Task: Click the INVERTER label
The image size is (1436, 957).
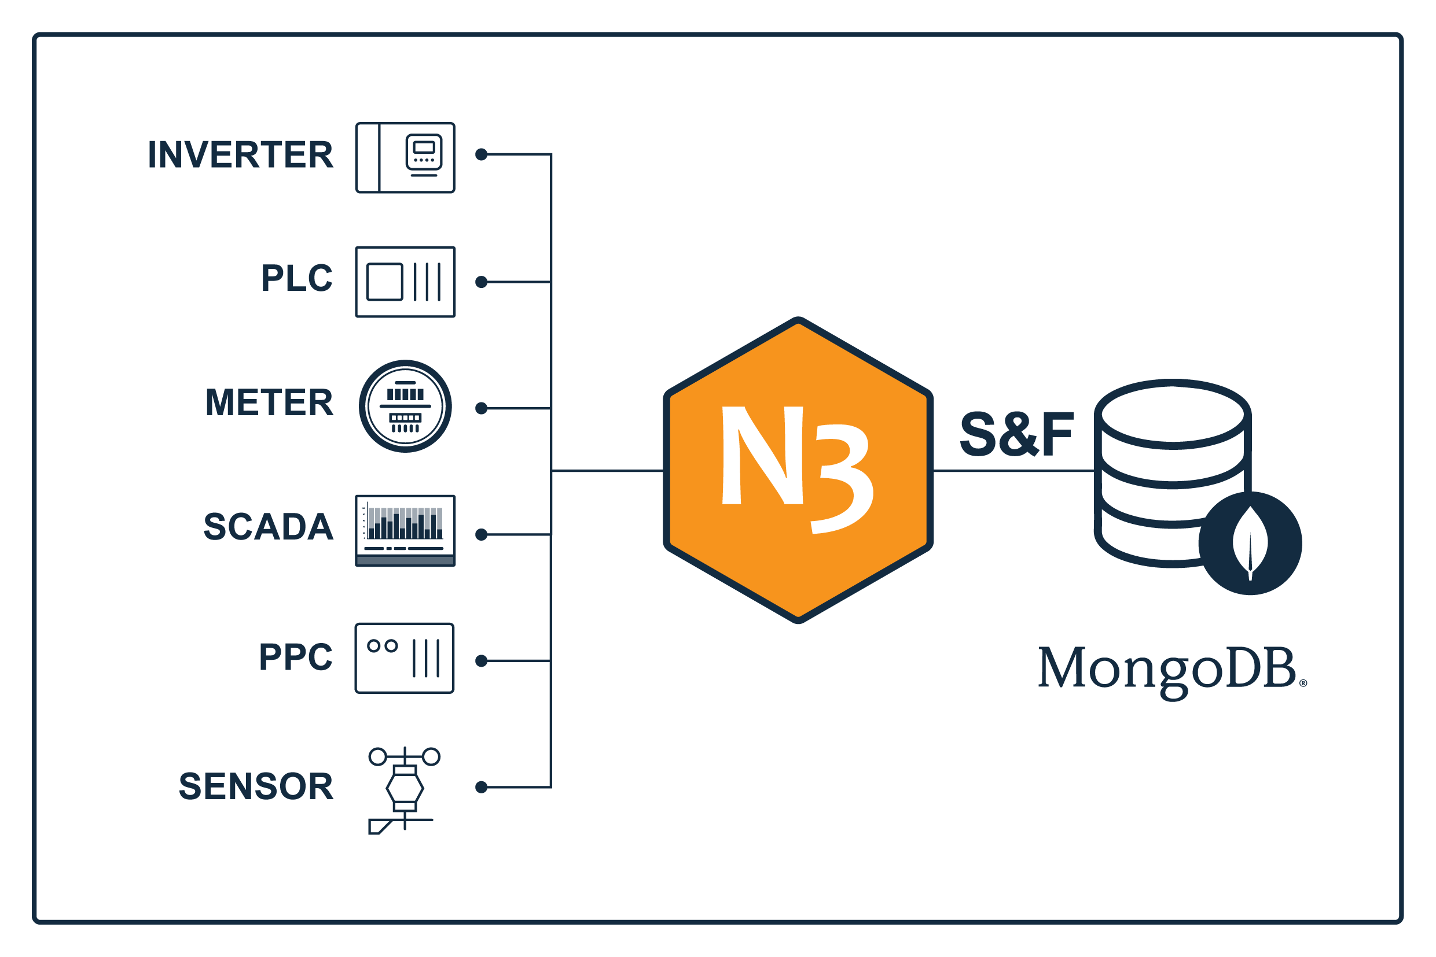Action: click(241, 154)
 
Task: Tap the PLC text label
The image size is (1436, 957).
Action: click(297, 278)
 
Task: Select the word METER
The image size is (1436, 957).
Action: click(269, 403)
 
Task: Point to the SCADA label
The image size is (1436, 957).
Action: click(269, 527)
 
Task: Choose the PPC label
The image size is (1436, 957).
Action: click(296, 657)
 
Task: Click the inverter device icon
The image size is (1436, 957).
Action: click(406, 158)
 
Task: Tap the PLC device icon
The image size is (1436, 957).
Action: click(406, 282)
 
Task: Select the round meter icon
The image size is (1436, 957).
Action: click(406, 407)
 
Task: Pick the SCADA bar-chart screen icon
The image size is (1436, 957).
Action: click(406, 531)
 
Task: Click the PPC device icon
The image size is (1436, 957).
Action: click(405, 659)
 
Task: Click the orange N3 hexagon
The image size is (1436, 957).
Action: click(798, 471)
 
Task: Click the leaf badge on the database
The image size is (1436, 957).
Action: click(1250, 544)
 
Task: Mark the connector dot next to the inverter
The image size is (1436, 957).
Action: click(482, 154)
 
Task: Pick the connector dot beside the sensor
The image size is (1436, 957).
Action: click(482, 788)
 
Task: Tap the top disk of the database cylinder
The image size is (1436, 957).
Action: click(1173, 415)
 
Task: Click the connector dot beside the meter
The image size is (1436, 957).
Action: click(482, 408)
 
